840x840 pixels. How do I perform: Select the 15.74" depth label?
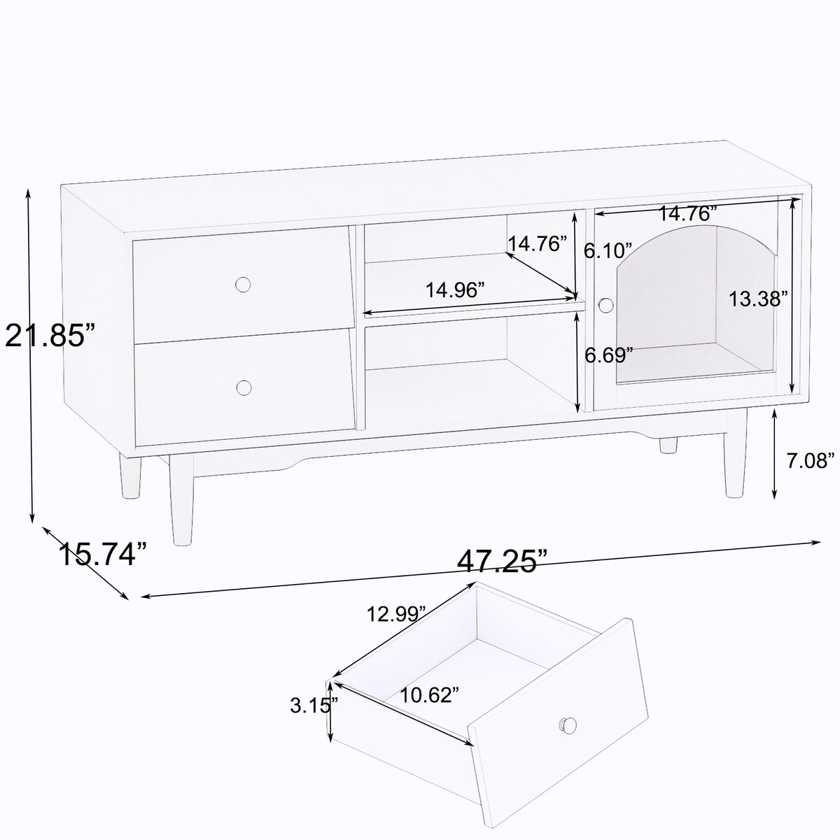click(103, 555)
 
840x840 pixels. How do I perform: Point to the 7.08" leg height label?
click(810, 461)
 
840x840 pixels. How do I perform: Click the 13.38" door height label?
click(759, 299)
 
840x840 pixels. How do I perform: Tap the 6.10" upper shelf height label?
click(608, 251)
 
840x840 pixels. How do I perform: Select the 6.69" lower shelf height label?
click(609, 355)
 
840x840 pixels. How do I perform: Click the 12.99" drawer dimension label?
click(397, 614)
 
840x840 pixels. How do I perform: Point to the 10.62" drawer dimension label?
click(430, 695)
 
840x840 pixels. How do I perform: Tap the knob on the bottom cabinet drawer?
click(244, 387)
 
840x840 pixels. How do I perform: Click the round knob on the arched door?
click(605, 304)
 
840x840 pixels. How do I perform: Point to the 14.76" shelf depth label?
click(537, 244)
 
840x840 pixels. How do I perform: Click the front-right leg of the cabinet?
click(737, 455)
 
